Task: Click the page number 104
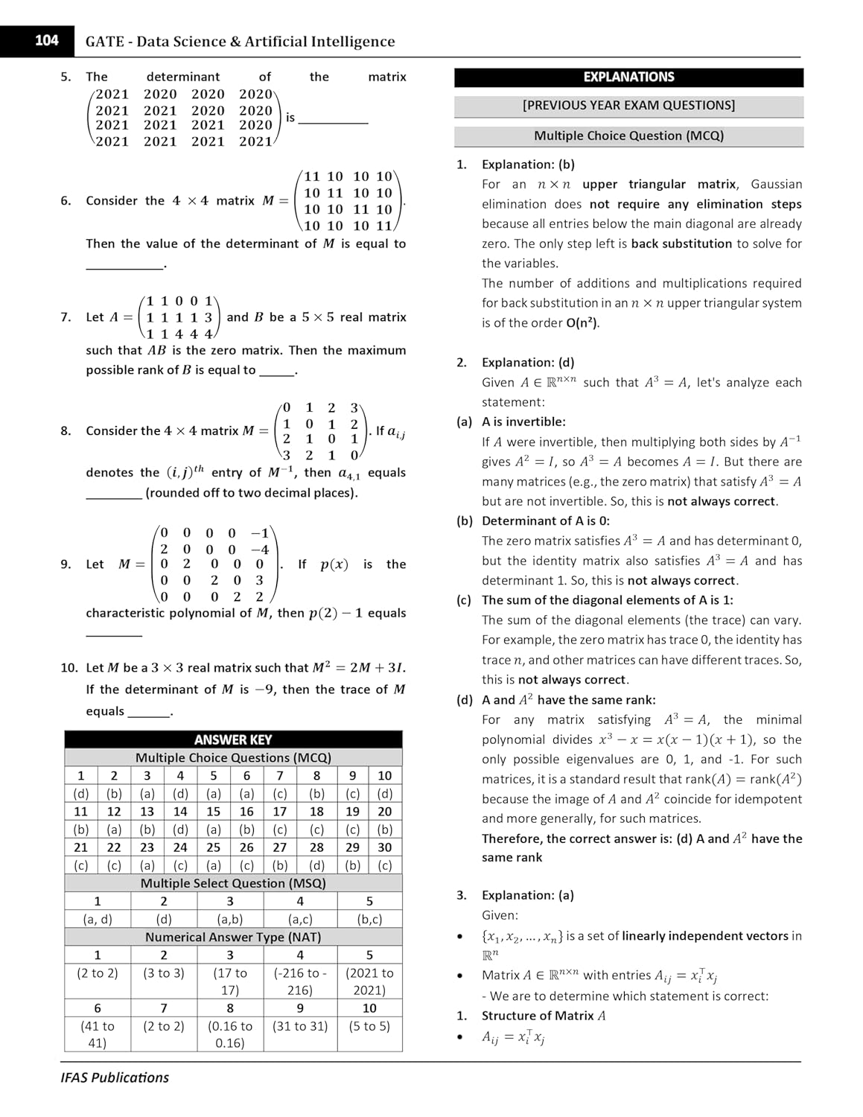[46, 41]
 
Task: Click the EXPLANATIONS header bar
[628, 77]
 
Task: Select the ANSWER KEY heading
[232, 739]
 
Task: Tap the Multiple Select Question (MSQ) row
[233, 883]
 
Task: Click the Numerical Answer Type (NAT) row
[233, 937]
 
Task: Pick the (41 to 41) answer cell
[97, 1034]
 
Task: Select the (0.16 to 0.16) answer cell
[229, 1034]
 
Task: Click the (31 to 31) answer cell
[300, 1026]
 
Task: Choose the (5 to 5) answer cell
[369, 1026]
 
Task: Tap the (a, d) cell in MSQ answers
[97, 919]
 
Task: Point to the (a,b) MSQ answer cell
[229, 919]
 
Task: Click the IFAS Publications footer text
[115, 1078]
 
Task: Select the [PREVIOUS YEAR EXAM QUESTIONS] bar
[628, 106]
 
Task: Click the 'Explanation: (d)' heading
[528, 363]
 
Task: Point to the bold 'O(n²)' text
[582, 323]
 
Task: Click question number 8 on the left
[66, 431]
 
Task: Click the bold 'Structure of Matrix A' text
[544, 1016]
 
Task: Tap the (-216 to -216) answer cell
[300, 981]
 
